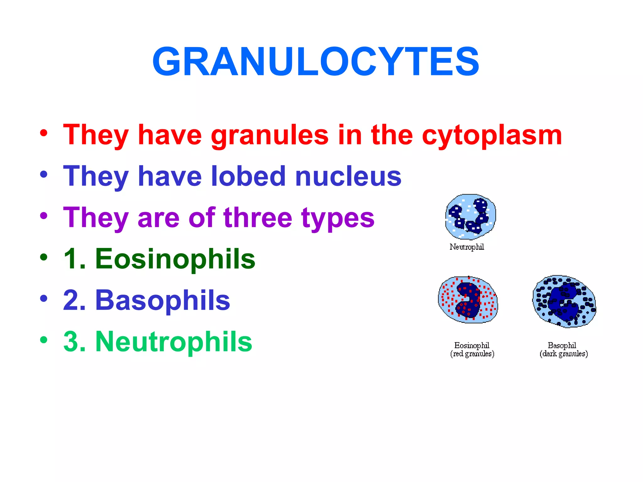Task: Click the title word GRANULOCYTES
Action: tap(316, 62)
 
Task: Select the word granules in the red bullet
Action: tap(270, 136)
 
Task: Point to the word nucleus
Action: tap(348, 177)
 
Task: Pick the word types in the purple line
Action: tap(338, 219)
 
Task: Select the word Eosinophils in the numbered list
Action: tap(175, 259)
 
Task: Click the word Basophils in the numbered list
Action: tap(163, 300)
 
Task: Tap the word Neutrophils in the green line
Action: tap(174, 342)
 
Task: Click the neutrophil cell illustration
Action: tap(470, 217)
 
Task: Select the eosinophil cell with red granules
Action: tap(468, 300)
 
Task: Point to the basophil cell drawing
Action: tap(564, 301)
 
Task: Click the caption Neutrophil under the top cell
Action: tap(467, 247)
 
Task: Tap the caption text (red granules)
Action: tap(472, 354)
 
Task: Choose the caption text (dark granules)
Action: tap(564, 354)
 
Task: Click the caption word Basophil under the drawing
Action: tap(562, 345)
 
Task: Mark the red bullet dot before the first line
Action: tap(44, 133)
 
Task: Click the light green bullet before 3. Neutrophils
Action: tap(44, 340)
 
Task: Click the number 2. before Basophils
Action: tap(74, 300)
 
